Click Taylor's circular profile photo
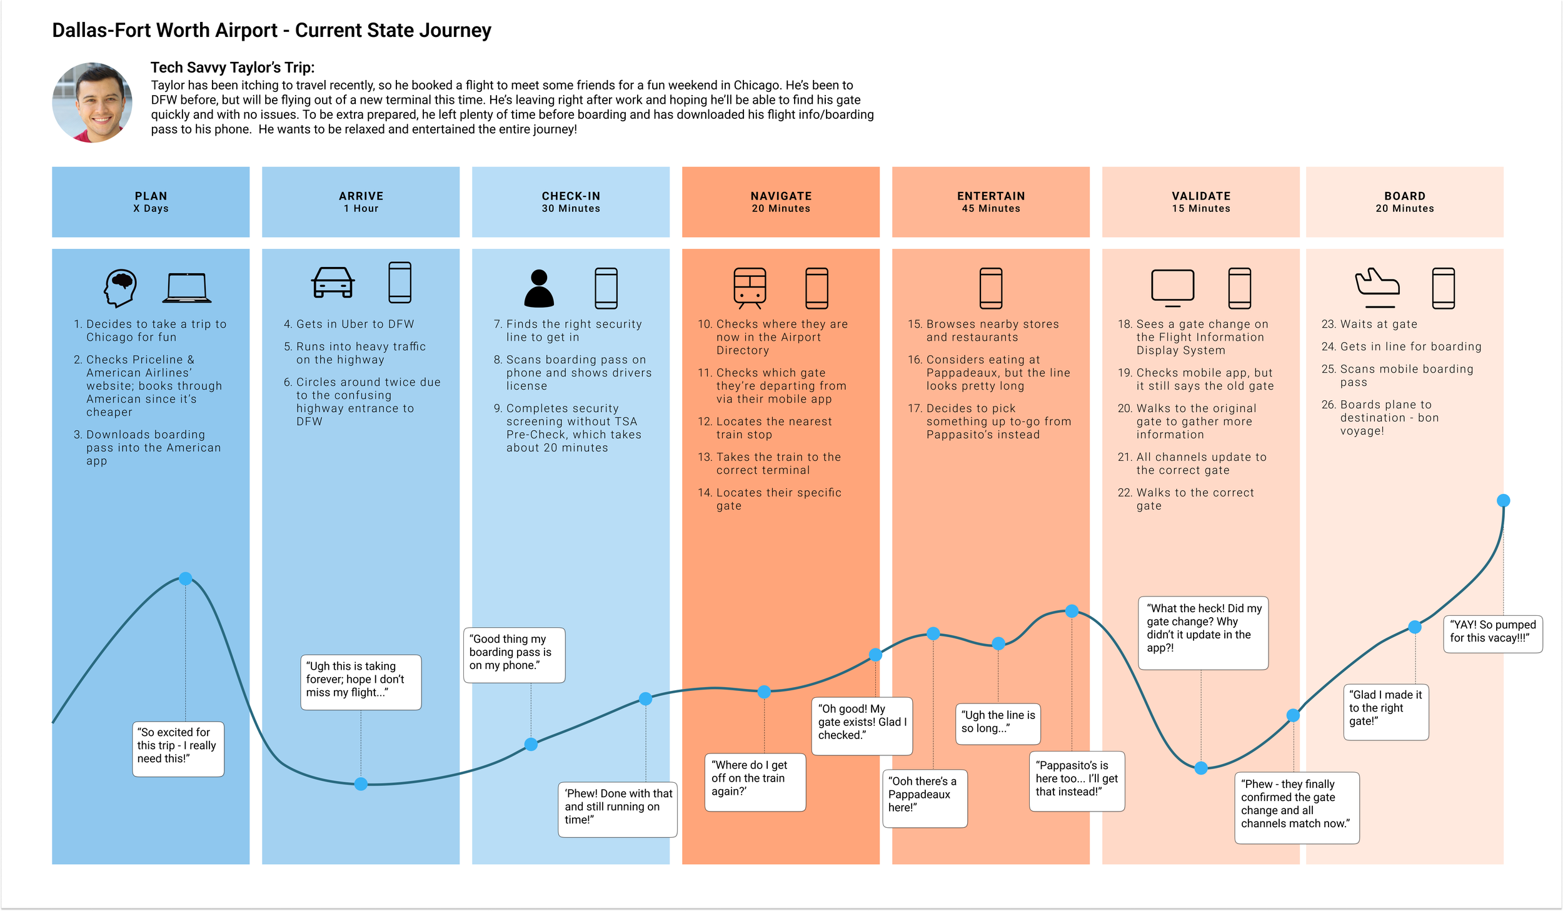[x=92, y=103]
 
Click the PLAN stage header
[x=151, y=202]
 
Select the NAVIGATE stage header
[x=780, y=202]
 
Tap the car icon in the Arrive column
[x=333, y=283]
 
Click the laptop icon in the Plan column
[x=186, y=288]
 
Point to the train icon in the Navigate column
[x=750, y=288]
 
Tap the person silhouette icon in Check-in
[x=539, y=288]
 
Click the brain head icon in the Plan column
[x=120, y=288]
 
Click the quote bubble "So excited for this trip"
[x=178, y=748]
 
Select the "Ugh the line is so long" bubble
[x=997, y=723]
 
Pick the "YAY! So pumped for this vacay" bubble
[x=1492, y=633]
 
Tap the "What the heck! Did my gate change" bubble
[x=1203, y=632]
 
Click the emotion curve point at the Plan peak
[x=185, y=578]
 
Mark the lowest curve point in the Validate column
[x=1201, y=768]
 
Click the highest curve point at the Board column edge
[x=1503, y=500]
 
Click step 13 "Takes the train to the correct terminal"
[x=778, y=463]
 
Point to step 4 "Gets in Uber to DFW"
[x=354, y=324]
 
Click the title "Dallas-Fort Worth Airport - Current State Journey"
[x=271, y=30]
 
